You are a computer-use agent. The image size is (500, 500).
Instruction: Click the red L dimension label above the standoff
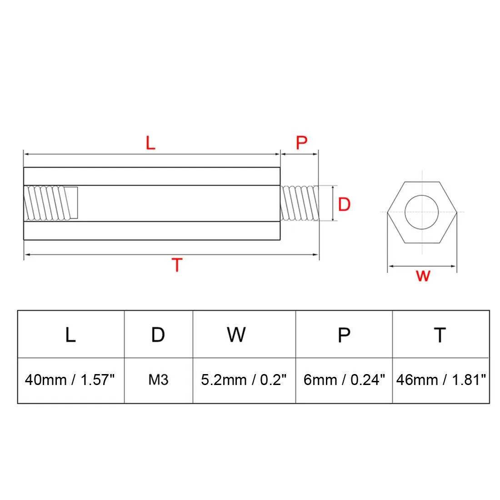coord(150,143)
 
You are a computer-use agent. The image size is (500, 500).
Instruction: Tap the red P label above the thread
coord(301,143)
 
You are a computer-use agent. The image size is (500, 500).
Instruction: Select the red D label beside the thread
coord(344,204)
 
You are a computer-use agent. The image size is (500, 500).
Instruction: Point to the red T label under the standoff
coord(177,265)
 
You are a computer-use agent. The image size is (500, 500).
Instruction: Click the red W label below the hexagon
coord(423,276)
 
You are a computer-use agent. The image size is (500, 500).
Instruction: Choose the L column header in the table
coord(70,335)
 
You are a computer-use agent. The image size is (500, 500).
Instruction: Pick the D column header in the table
coord(158,335)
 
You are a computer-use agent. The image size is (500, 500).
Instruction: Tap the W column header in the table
coord(236,335)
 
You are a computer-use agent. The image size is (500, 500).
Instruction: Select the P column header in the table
coord(344,335)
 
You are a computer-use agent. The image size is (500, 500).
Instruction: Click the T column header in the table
coord(440,335)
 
